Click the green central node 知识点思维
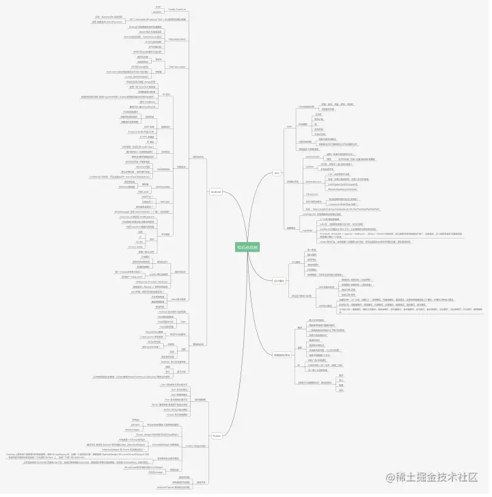pyautogui.click(x=247, y=247)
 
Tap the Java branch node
pyautogui.click(x=277, y=173)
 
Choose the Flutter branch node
pyautogui.click(x=216, y=435)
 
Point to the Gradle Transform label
pyautogui.click(x=176, y=10)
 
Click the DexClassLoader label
pyautogui.click(x=177, y=67)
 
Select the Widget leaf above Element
pyautogui.click(x=135, y=419)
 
